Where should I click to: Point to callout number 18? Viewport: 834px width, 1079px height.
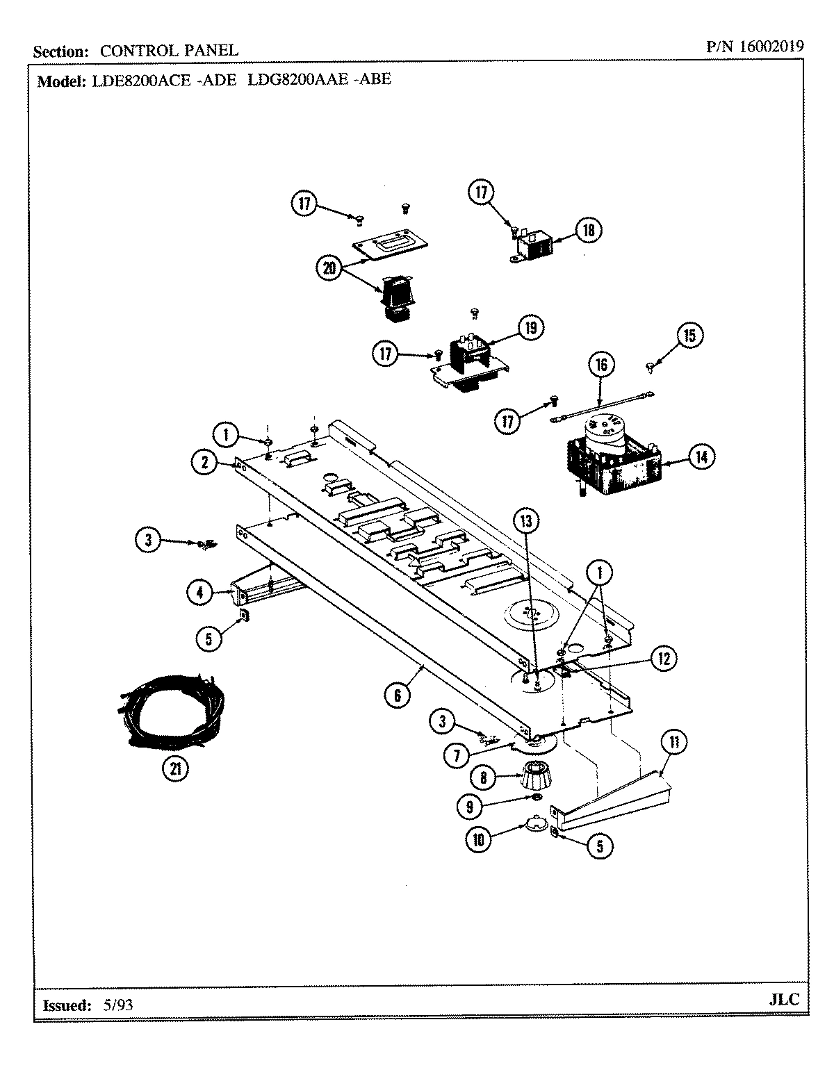click(589, 231)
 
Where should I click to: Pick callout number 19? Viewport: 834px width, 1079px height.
click(530, 328)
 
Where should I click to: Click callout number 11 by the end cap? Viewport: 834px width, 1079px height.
click(673, 742)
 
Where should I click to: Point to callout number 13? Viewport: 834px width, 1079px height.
click(526, 520)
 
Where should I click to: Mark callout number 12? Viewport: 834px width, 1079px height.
click(664, 659)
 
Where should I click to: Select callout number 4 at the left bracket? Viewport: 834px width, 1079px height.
click(200, 593)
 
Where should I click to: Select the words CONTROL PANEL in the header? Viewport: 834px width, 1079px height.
click(169, 51)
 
